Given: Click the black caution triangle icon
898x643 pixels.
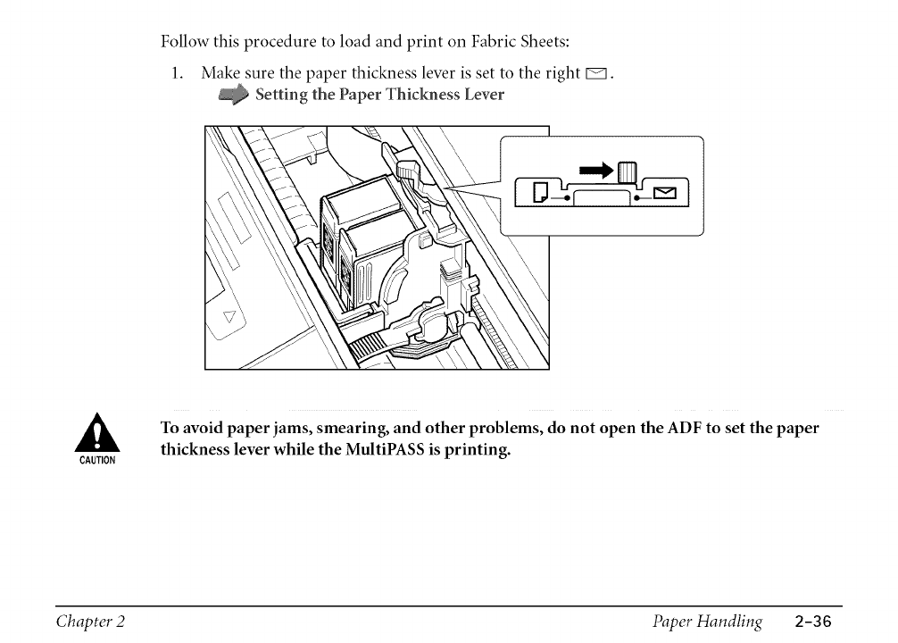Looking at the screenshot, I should (x=96, y=433).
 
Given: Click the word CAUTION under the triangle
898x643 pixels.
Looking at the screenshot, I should (x=96, y=461).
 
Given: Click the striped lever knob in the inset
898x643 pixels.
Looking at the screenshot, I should (x=627, y=170).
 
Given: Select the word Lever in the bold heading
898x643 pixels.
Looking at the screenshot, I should (x=483, y=94).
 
